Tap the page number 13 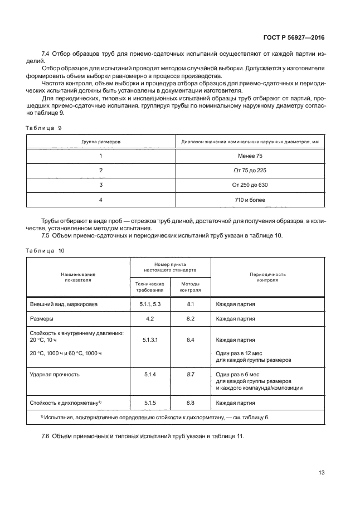click(321, 473)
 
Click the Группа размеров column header click(101, 142)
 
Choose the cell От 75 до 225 click(250, 171)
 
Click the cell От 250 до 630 click(250, 185)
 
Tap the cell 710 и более click(250, 200)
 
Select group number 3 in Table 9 click(101, 185)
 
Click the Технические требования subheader click(149, 287)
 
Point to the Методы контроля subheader click(190, 287)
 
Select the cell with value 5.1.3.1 click(149, 340)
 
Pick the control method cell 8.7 click(190, 374)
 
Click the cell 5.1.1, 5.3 click(149, 304)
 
